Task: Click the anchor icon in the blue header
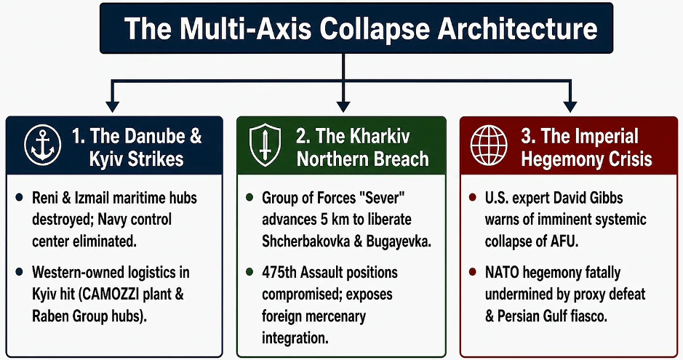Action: tap(43, 145)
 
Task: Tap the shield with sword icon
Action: tap(265, 145)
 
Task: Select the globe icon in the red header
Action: tap(489, 145)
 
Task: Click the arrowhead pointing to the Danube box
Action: tap(113, 106)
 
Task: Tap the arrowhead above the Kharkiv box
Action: tap(343, 106)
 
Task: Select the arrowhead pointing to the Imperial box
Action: tap(570, 106)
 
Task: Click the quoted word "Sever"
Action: tap(382, 198)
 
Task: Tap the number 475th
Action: tap(279, 273)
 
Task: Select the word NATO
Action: tap(502, 273)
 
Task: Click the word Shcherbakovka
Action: tap(305, 241)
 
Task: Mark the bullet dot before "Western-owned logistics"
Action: tap(19, 272)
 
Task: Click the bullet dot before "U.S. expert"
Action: tap(473, 198)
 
